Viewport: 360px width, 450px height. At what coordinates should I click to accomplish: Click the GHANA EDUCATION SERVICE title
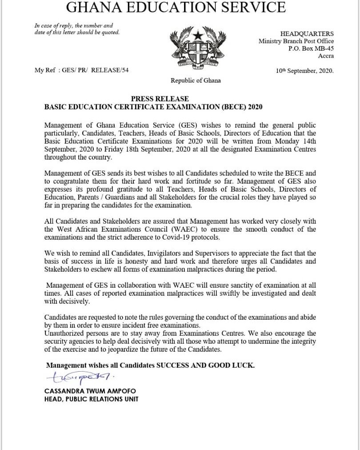tap(176, 8)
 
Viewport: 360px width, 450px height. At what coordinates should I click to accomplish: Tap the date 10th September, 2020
tap(304, 70)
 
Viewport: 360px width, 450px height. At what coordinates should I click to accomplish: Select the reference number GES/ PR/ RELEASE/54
tap(93, 70)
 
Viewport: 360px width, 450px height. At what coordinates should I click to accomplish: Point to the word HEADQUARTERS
tap(307, 34)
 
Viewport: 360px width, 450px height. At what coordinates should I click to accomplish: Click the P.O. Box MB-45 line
tap(311, 48)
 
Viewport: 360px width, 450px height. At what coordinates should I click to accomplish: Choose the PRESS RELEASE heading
tap(160, 99)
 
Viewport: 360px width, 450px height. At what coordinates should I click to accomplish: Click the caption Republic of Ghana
tap(196, 80)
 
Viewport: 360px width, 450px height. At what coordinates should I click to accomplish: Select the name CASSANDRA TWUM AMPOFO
tap(90, 391)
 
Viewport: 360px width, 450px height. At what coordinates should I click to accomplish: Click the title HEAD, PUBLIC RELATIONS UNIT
tap(91, 399)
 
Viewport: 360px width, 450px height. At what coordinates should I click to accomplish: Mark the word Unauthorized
tap(62, 333)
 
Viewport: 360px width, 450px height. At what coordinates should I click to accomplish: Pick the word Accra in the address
tap(326, 56)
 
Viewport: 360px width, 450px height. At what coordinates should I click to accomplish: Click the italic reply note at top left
tap(77, 29)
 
